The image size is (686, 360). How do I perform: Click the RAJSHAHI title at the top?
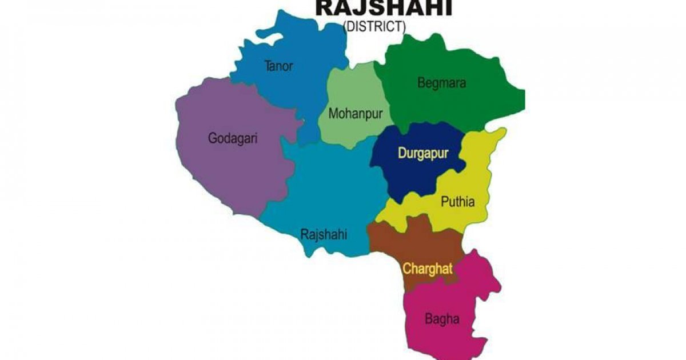click(384, 8)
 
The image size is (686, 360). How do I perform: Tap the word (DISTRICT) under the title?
click(374, 26)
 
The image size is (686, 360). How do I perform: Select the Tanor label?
click(278, 66)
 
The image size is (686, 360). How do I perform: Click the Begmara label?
click(441, 83)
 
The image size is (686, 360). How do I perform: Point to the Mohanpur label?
click(355, 113)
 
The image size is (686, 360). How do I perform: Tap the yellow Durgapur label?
click(423, 153)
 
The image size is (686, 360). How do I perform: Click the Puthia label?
click(457, 201)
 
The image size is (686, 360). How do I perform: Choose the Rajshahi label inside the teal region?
click(324, 234)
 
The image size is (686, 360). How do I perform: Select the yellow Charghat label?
click(428, 269)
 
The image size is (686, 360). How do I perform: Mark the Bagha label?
click(442, 319)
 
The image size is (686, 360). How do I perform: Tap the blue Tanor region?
click(297, 97)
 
